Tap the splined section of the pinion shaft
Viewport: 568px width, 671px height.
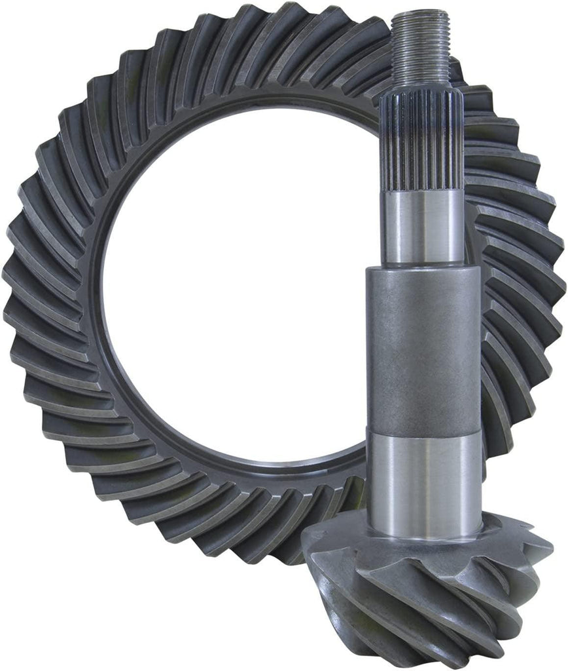click(x=422, y=141)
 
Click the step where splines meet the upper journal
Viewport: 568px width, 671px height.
click(x=423, y=191)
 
